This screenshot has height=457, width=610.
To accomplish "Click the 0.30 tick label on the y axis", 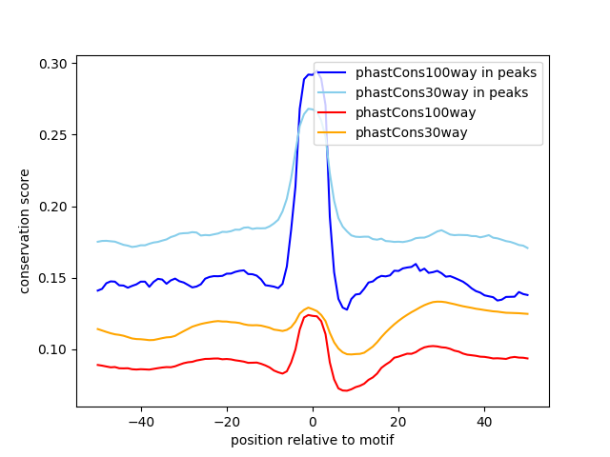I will tap(54, 64).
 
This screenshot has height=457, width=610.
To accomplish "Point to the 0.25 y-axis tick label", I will tap(54, 135).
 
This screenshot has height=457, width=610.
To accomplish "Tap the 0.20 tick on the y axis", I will tap(54, 207).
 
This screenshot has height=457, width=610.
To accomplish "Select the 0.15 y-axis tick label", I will tap(54, 278).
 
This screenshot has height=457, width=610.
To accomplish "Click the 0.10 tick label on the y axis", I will tap(54, 349).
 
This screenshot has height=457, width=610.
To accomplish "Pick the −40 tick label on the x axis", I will tap(141, 422).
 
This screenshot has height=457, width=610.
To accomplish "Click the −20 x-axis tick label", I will tap(227, 422).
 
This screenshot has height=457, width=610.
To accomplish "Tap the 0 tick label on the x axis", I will tap(313, 422).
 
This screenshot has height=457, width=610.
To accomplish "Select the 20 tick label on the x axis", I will tap(398, 422).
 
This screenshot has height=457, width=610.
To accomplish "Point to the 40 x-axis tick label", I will tap(484, 422).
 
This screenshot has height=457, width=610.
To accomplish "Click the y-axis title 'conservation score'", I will tap(26, 231).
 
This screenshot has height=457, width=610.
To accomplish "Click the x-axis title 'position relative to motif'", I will tap(312, 440).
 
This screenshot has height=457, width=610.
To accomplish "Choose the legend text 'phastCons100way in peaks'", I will tap(446, 72).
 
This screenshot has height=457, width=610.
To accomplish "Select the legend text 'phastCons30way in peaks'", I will tap(442, 92).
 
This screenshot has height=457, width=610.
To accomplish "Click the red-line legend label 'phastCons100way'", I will tap(416, 112).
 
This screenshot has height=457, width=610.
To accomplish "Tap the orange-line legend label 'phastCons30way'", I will tap(412, 132).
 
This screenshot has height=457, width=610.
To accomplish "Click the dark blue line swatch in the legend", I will tap(333, 72).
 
